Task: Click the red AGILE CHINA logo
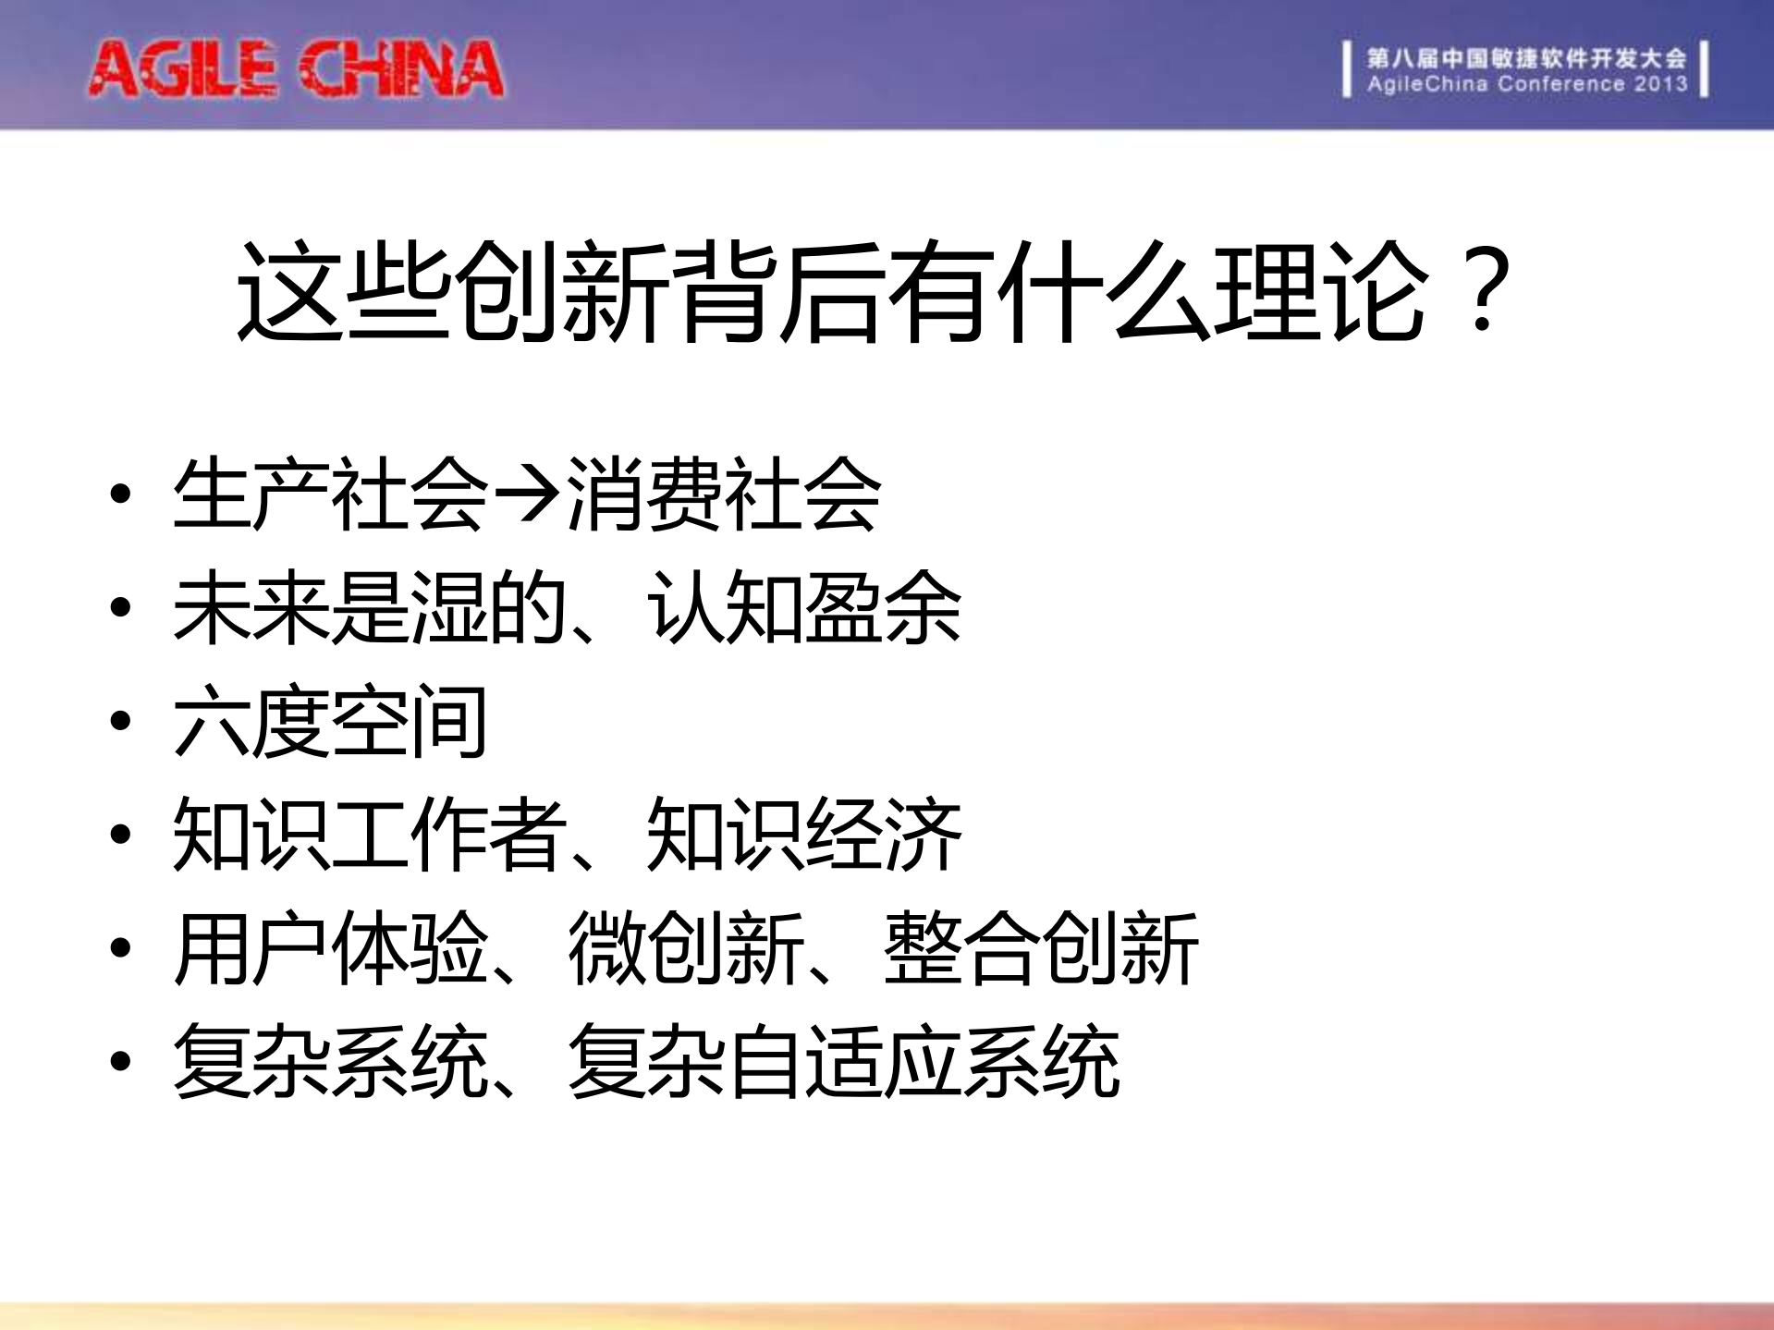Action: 296,69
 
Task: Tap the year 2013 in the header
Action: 1660,84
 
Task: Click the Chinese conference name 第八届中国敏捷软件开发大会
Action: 1526,58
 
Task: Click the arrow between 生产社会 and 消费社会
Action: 526,495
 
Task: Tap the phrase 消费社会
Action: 723,495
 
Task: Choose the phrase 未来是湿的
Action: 370,608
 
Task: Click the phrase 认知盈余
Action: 803,608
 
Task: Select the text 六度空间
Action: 330,722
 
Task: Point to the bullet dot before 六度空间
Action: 120,721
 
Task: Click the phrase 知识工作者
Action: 370,835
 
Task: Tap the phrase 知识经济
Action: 803,835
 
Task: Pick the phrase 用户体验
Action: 330,948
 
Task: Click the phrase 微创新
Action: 685,948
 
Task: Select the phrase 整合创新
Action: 1040,948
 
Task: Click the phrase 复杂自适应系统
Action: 843,1062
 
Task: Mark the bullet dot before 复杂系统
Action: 120,1061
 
